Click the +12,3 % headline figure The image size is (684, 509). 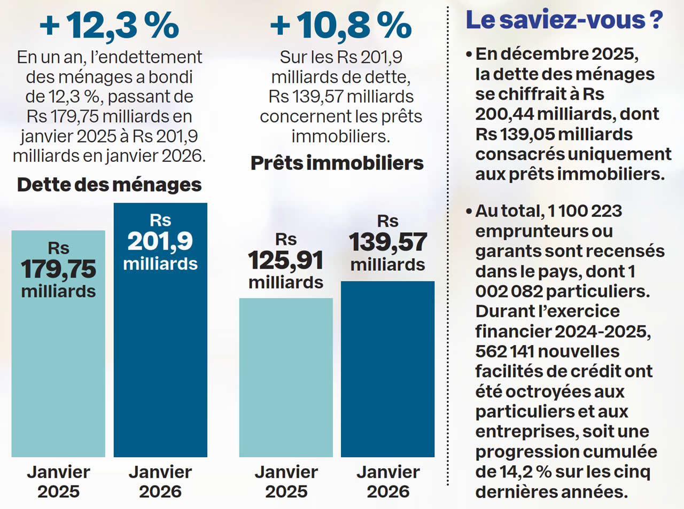point(109,26)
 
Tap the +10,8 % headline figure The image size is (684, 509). point(341,26)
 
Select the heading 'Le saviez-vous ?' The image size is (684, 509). point(564,20)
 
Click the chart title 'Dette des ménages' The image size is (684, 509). point(109,185)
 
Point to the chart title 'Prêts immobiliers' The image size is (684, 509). point(337,163)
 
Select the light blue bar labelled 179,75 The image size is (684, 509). point(58,374)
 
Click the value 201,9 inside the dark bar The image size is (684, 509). point(160,241)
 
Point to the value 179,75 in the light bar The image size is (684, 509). point(58,269)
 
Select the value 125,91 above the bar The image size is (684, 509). point(286,261)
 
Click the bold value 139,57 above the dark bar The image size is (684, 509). point(388,242)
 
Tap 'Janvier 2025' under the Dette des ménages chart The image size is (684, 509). point(58,482)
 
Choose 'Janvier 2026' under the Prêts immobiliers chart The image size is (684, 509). point(388,482)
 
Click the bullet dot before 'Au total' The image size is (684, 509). point(469,212)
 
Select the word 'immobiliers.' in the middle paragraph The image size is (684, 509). point(340,136)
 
